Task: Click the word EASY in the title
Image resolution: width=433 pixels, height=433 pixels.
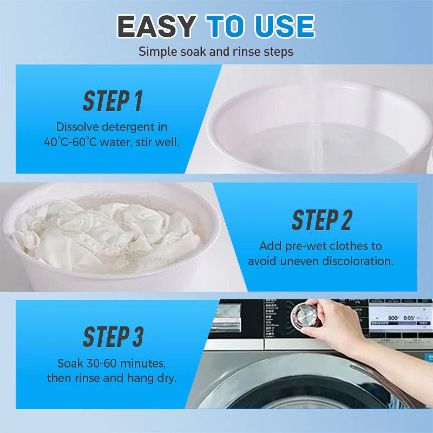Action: (x=156, y=26)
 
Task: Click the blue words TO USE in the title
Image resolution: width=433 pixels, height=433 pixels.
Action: (x=260, y=26)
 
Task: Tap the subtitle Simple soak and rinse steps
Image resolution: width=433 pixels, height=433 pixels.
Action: (x=216, y=52)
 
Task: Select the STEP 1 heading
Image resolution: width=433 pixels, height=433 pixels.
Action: (x=112, y=101)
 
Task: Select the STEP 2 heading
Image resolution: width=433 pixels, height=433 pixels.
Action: (x=322, y=220)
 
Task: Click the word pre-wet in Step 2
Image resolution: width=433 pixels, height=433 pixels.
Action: (x=304, y=246)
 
